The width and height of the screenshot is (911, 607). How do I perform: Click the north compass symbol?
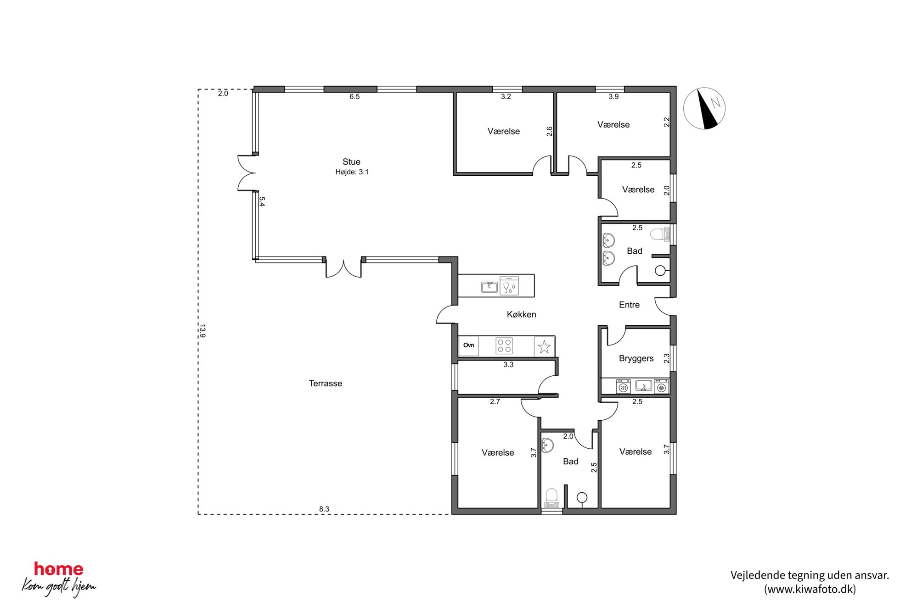tap(704, 109)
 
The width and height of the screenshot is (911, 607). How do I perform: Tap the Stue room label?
tap(351, 162)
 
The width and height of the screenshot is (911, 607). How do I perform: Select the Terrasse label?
tap(325, 384)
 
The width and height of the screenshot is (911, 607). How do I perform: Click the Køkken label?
tap(521, 314)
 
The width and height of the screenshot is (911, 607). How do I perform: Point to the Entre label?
tap(629, 305)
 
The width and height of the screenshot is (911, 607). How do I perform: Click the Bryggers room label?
tap(636, 358)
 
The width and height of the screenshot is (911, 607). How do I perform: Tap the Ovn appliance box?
tap(468, 345)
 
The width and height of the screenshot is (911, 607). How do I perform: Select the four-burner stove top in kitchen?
tap(504, 346)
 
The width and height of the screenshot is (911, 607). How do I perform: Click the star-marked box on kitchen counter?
tap(544, 346)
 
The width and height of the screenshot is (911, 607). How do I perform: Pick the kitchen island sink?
tap(489, 287)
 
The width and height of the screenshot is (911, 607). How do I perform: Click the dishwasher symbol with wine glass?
tap(509, 285)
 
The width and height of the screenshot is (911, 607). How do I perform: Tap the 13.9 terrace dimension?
tap(202, 331)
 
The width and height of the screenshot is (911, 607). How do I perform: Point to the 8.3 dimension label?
tap(324, 509)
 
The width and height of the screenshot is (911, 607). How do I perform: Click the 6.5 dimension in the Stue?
tap(354, 96)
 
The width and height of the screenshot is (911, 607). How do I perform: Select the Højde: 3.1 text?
tap(352, 172)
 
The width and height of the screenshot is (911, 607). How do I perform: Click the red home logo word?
tap(59, 569)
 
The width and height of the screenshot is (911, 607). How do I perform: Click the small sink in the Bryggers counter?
tap(643, 386)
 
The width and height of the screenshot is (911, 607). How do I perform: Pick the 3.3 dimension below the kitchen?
tap(508, 365)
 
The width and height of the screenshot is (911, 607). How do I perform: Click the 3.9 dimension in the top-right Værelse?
tap(614, 96)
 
